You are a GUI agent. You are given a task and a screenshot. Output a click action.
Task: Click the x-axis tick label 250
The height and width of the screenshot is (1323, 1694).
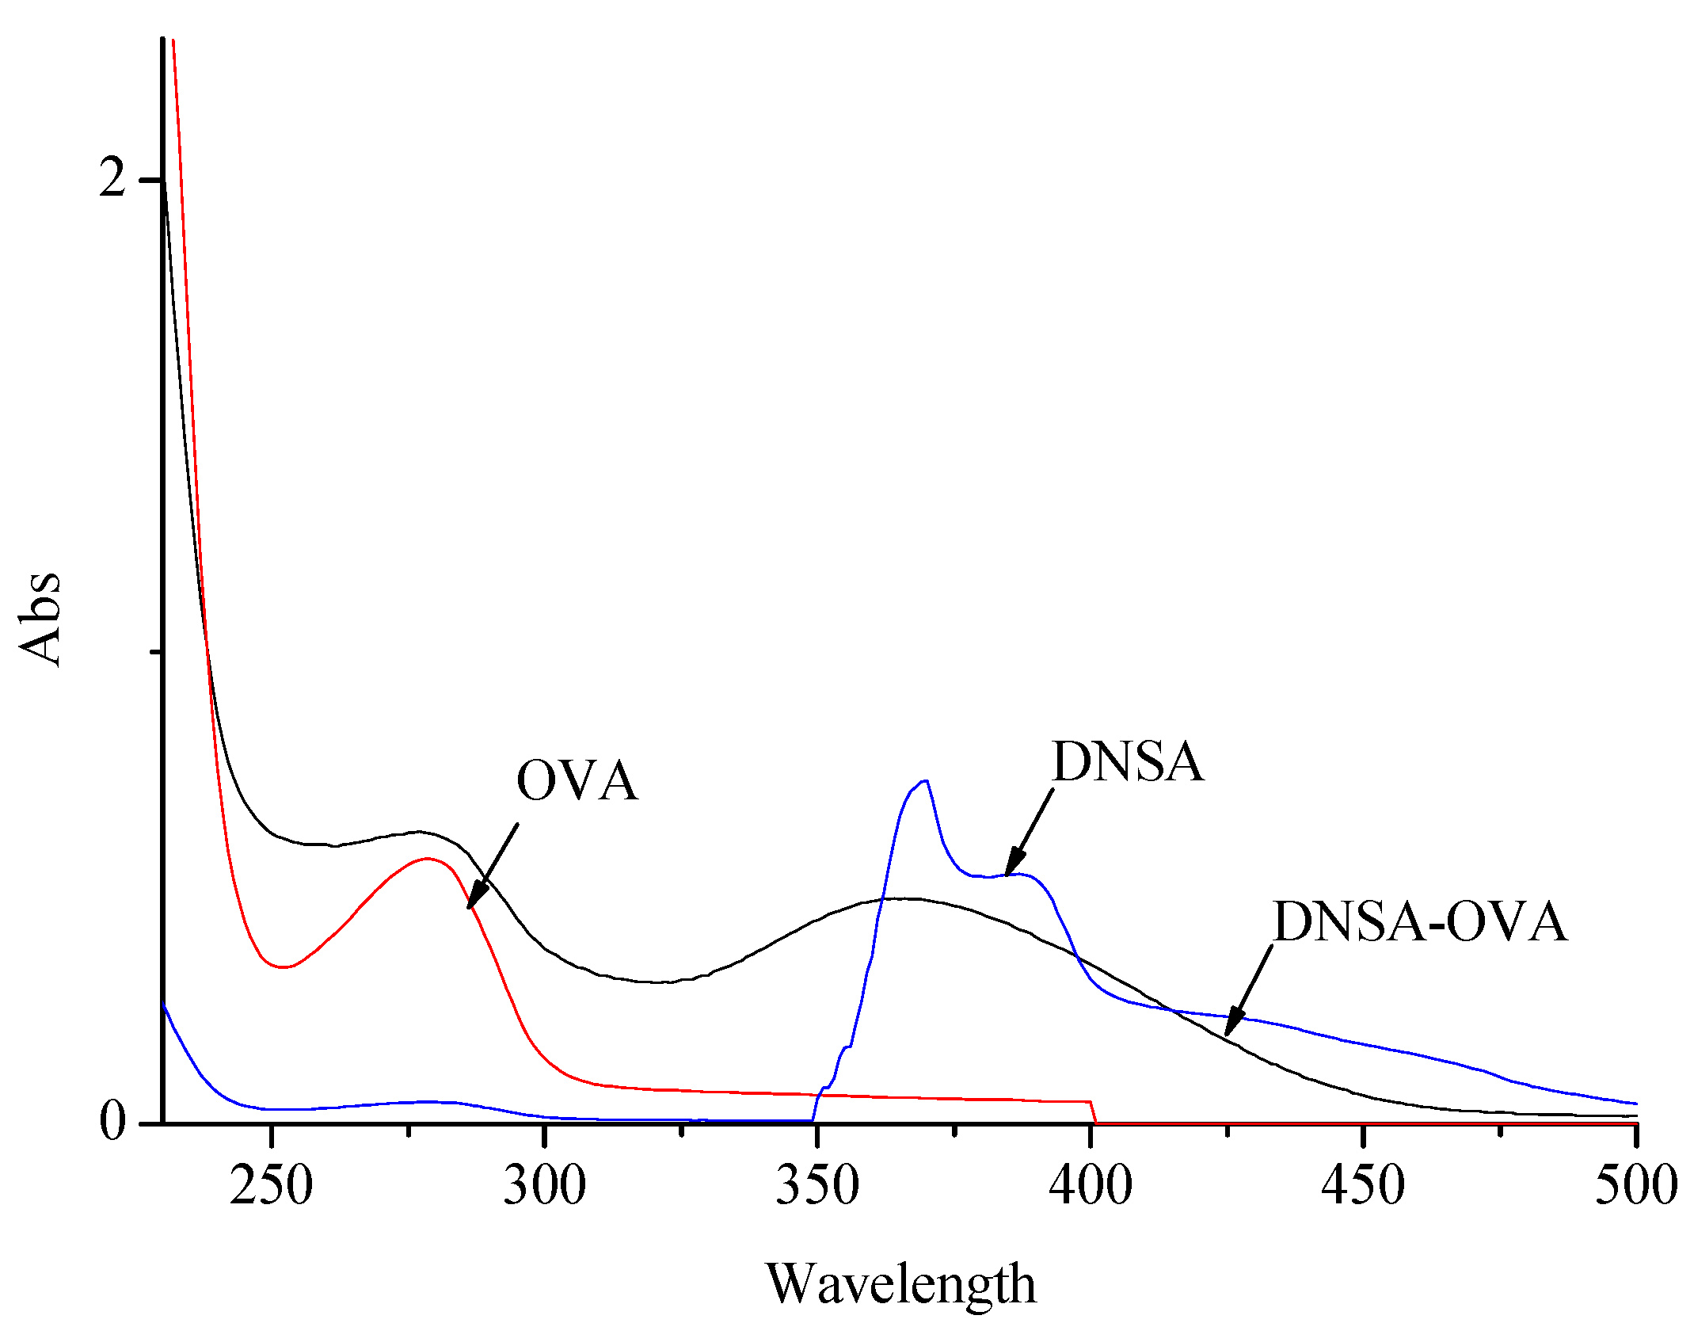[x=271, y=1186]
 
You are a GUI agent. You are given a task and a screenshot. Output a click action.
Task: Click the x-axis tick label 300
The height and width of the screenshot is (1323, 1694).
[x=544, y=1186]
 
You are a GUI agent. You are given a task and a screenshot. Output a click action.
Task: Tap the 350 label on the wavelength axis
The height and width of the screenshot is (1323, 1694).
[x=817, y=1186]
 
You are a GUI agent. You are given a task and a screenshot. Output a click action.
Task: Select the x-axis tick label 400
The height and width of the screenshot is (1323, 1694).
[x=1091, y=1186]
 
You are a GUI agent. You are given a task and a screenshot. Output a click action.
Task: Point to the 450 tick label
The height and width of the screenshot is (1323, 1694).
[x=1363, y=1186]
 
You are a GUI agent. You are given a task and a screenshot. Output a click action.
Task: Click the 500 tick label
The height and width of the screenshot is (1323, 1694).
[x=1635, y=1186]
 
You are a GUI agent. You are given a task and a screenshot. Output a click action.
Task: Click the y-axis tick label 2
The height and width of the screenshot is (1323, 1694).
[x=112, y=179]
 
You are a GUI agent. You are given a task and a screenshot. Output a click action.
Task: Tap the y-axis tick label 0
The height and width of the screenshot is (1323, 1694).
[x=112, y=1121]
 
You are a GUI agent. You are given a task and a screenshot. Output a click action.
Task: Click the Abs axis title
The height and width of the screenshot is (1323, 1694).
[x=40, y=619]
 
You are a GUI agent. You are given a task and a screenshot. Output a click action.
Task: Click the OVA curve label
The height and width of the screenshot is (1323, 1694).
[x=577, y=781]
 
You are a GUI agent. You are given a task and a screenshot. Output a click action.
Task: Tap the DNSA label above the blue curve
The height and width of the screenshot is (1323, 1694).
[x=1128, y=762]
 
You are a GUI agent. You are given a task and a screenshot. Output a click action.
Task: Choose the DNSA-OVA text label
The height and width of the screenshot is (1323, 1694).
[x=1419, y=922]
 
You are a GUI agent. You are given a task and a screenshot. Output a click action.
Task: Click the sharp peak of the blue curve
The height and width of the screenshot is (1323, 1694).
[x=924, y=781]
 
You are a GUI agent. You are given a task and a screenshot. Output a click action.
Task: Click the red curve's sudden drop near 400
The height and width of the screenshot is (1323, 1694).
[x=1094, y=1111]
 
